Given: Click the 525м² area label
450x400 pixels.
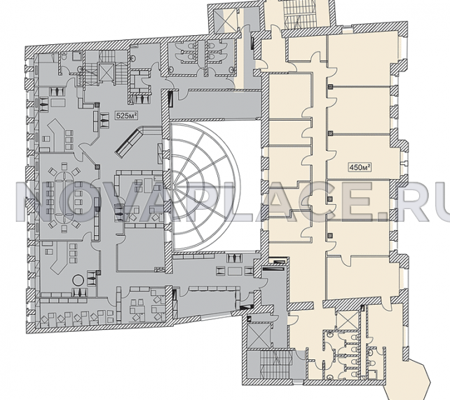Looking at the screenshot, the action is [125, 116].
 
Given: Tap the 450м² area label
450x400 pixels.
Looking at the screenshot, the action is [360, 167].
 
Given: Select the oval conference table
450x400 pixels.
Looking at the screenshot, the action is [64, 198].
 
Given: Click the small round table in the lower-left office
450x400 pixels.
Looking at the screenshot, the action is [78, 280].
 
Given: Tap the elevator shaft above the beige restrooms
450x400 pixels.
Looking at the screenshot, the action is [348, 320].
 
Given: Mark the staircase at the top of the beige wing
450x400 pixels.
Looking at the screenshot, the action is [299, 14].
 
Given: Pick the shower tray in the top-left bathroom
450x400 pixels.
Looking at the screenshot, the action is [77, 57].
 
